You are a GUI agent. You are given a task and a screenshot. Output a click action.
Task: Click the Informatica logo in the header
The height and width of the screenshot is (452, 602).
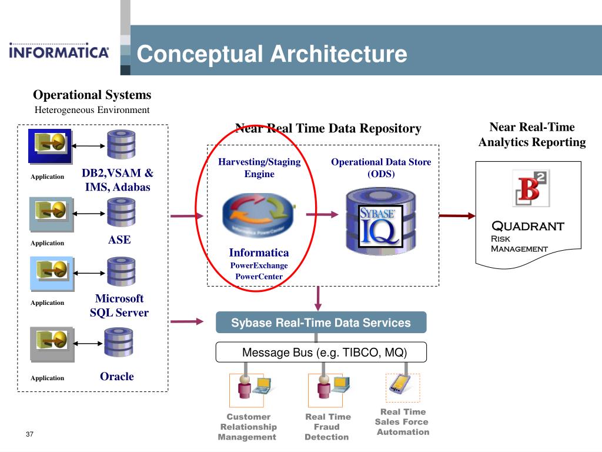pos(59,51)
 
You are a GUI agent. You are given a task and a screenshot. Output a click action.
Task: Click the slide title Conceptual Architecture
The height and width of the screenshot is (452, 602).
pos(272,54)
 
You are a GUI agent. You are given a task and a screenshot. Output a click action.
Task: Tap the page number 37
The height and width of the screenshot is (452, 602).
pos(29,434)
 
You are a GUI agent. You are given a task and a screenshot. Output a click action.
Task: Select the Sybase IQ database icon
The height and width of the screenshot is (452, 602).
pos(381,221)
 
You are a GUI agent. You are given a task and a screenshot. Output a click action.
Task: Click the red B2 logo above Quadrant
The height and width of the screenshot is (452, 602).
pos(531,188)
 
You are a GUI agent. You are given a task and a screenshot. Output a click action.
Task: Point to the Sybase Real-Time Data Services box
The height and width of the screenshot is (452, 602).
pos(321,322)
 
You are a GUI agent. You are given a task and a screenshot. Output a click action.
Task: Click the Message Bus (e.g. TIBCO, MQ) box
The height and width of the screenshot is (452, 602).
pos(321,352)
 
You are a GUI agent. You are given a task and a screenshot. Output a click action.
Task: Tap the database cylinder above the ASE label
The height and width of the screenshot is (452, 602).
pos(121,212)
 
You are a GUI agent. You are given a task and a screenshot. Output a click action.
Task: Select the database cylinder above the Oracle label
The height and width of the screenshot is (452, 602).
pos(119,343)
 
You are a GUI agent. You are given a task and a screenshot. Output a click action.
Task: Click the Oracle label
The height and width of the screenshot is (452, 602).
pos(117,376)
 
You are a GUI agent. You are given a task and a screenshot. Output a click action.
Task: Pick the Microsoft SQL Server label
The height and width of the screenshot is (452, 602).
pos(119,305)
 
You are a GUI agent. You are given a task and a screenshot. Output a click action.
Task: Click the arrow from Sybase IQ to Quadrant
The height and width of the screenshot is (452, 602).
pos(457,215)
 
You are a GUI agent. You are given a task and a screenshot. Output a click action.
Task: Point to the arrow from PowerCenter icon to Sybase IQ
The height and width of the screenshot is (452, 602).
pos(322,214)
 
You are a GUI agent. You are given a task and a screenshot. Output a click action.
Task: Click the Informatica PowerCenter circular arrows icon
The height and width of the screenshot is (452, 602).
pos(259,215)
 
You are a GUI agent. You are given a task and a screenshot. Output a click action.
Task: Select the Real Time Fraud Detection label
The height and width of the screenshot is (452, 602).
pos(327,427)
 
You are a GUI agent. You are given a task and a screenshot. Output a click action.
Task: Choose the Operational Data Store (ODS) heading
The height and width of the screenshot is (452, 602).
pos(381,168)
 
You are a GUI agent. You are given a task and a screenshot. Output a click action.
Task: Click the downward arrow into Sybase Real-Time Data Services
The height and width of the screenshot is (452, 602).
pos(318,298)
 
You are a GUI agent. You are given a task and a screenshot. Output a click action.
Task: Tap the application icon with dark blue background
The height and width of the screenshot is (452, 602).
pos(49,146)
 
